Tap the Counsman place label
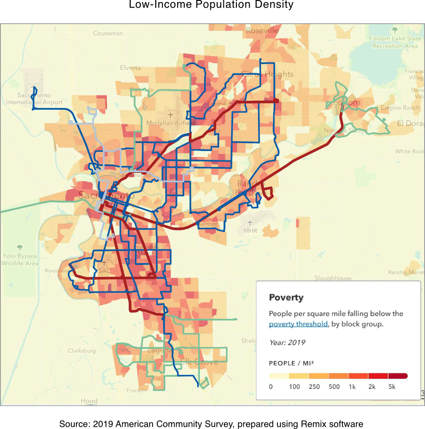(x=108, y=33)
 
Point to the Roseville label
(x=262, y=30)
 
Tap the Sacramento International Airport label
(x=34, y=99)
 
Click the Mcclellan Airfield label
(x=170, y=123)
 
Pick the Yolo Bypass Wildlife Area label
(x=20, y=259)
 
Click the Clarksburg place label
(x=81, y=351)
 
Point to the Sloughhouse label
(x=333, y=278)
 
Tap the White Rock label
(x=409, y=151)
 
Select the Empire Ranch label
(x=400, y=108)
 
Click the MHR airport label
(x=250, y=231)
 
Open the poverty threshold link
(x=298, y=324)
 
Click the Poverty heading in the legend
(x=286, y=297)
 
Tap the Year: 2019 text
(x=287, y=343)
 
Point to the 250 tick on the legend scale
(x=314, y=386)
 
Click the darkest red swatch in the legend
(x=398, y=376)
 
